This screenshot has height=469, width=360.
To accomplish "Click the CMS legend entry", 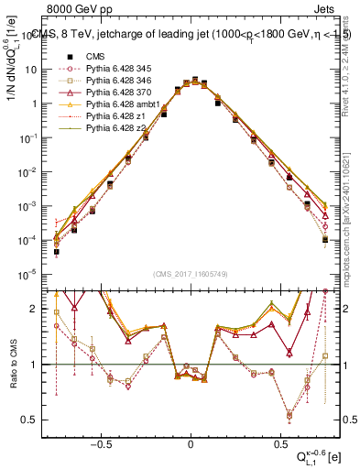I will coord(95,56).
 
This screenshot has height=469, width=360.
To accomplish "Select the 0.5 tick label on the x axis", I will coord(278,440).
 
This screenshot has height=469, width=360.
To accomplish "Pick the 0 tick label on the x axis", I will coord(191,440).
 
